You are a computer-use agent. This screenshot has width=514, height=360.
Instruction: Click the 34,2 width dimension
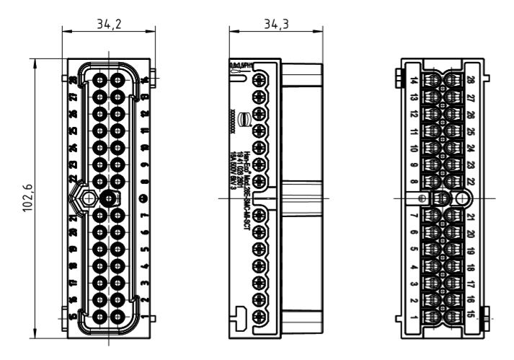point(109,24)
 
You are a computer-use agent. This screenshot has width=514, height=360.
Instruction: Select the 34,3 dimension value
point(254,24)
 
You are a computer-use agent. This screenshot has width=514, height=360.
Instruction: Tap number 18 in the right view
point(471,267)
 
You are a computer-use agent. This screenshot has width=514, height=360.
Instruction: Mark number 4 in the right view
point(414,267)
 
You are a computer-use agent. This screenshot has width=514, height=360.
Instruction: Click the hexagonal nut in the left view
point(87,198)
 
